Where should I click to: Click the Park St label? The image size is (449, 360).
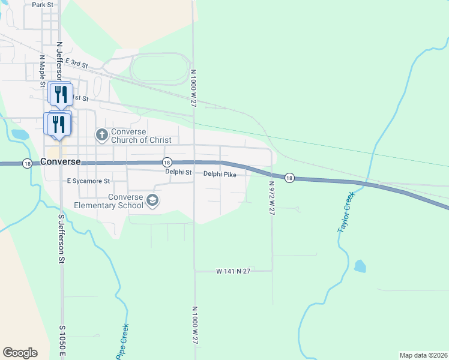[x=43, y=5]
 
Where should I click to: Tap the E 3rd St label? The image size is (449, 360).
[x=77, y=63]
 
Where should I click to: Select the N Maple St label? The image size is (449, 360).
[x=42, y=71]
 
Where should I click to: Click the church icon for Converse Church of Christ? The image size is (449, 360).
[x=101, y=134]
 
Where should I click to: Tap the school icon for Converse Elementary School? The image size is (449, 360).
[x=152, y=200]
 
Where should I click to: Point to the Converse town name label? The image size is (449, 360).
[x=61, y=162]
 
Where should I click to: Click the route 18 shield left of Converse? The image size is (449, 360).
[x=26, y=163]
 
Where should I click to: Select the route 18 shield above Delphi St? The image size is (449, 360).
[x=167, y=163]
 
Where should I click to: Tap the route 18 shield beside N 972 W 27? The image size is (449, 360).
[x=289, y=178]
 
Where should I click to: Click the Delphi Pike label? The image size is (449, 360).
[x=220, y=174]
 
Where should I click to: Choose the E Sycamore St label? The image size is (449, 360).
[x=88, y=181]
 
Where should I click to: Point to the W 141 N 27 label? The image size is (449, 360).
[x=233, y=271]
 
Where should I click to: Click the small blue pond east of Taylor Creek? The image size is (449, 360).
[x=360, y=266]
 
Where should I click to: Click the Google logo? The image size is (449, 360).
[x=20, y=353]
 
